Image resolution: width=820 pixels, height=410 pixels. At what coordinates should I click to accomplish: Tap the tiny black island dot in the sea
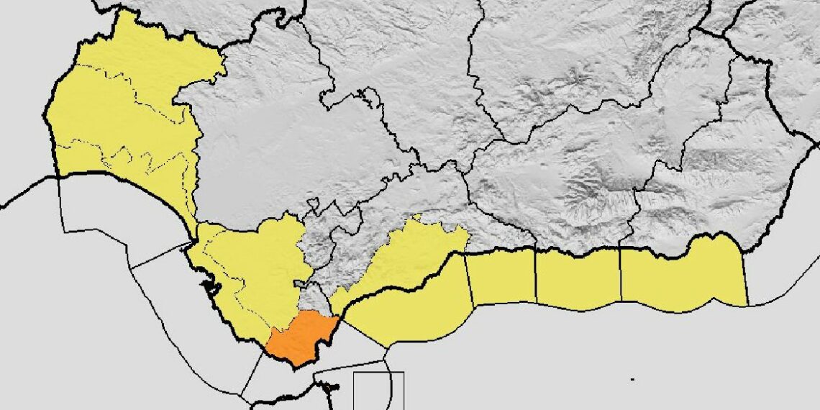point(632,379)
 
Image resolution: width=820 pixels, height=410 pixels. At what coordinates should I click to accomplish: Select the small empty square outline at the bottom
point(378,391)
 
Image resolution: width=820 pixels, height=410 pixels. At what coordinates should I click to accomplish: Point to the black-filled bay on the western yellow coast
point(210,288)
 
